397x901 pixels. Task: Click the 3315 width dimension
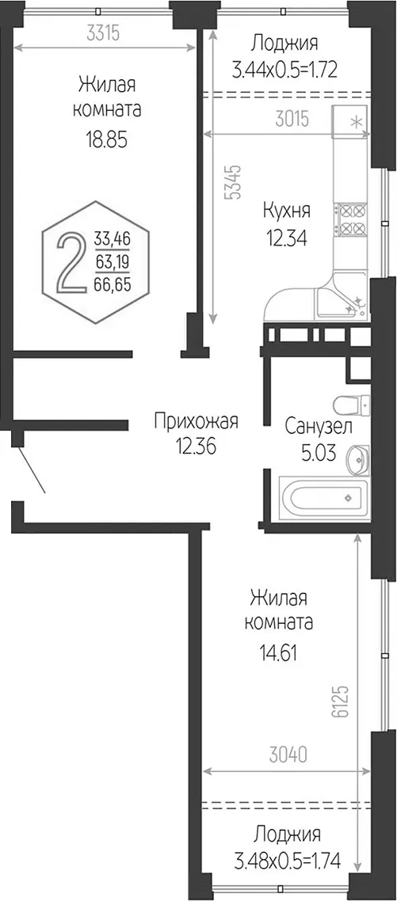pyautogui.click(x=103, y=34)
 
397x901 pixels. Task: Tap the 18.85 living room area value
pyautogui.click(x=106, y=139)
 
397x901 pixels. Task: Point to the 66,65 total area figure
pyautogui.click(x=113, y=282)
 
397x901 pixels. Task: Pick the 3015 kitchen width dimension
pyautogui.click(x=292, y=120)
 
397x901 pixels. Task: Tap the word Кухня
pyautogui.click(x=286, y=211)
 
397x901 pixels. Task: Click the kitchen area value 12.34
pyautogui.click(x=286, y=237)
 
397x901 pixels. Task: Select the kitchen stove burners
pyautogui.click(x=352, y=219)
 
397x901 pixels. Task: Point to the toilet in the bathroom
pyautogui.click(x=352, y=404)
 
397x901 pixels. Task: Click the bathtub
pyautogui.click(x=323, y=498)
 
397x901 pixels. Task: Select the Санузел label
pyautogui.click(x=319, y=427)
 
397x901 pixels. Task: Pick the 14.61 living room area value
pyautogui.click(x=278, y=652)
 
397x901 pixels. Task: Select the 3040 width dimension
pyautogui.click(x=286, y=753)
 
